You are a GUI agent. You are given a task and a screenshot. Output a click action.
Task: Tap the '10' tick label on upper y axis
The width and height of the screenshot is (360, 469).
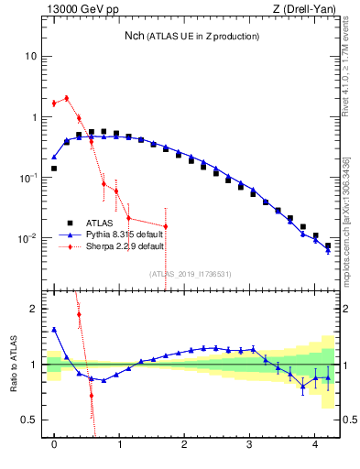click(29, 56)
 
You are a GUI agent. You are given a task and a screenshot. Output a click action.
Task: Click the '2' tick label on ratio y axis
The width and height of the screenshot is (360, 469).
click(33, 309)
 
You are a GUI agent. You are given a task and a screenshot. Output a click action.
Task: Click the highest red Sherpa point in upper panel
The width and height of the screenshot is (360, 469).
click(66, 98)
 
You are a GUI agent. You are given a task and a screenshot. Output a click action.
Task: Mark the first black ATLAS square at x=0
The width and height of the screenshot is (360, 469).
click(54, 169)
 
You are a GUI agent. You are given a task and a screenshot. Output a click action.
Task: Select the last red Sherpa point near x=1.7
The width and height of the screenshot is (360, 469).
click(166, 226)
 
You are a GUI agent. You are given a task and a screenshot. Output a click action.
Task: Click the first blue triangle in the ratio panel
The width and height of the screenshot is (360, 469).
click(54, 330)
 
